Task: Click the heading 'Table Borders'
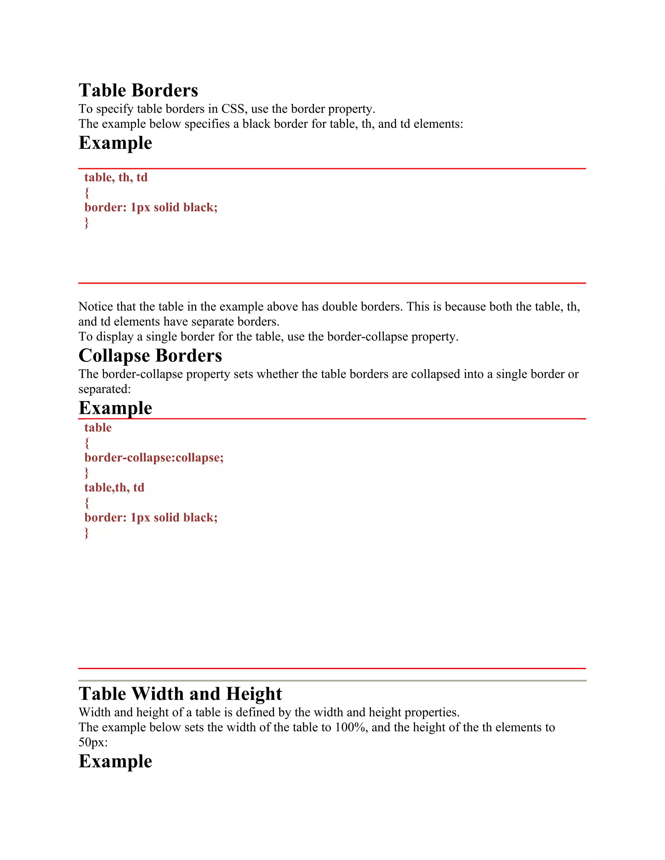(x=138, y=90)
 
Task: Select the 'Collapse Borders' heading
(x=150, y=356)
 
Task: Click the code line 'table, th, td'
(x=116, y=178)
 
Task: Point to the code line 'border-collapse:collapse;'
(x=154, y=458)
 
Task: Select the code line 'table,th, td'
(x=114, y=487)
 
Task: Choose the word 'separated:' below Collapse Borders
(x=105, y=389)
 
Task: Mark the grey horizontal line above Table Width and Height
(x=332, y=681)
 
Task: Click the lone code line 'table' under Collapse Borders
(x=98, y=428)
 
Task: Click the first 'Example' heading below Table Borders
(x=115, y=142)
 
